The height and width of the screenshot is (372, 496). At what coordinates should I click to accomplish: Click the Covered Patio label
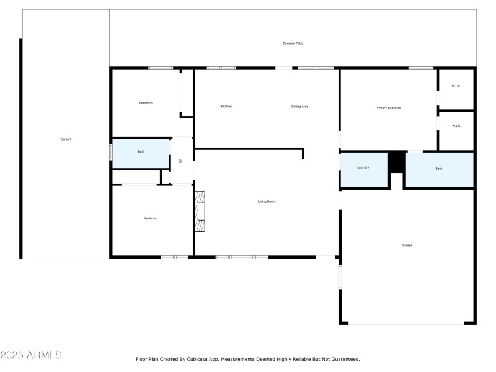293,43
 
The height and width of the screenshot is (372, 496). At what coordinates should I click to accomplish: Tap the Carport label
66,139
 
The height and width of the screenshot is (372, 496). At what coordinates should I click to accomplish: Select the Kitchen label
226,107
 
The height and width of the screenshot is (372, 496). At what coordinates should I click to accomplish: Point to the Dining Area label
300,107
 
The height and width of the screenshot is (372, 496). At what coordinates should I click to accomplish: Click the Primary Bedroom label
388,108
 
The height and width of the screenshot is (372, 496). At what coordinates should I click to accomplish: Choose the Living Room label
267,201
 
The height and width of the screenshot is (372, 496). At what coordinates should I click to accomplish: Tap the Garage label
407,246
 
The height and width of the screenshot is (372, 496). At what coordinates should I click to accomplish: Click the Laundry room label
363,167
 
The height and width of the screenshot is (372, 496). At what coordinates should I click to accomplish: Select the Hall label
180,162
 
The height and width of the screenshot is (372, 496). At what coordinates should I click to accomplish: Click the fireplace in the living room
200,211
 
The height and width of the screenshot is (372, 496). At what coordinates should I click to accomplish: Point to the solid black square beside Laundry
396,162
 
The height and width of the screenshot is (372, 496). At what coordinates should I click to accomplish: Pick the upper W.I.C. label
456,86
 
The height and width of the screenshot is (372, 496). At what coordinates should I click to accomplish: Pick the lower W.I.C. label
456,126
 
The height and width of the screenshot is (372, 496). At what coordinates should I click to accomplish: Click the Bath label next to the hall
141,151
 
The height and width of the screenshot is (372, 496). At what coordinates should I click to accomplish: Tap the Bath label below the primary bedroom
439,169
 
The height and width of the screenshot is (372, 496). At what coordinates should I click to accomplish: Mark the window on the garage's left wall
340,277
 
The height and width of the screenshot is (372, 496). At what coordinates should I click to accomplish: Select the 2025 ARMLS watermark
31,355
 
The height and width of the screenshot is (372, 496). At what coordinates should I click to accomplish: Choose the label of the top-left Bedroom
146,103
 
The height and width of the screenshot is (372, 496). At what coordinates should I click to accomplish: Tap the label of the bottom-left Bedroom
151,218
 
